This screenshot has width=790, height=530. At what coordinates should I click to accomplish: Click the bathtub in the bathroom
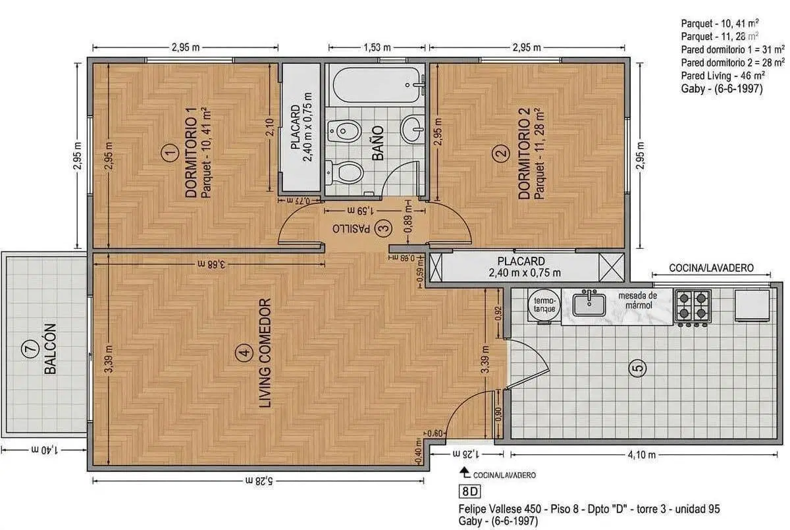377,85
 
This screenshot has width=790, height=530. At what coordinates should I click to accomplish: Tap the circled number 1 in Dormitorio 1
170,153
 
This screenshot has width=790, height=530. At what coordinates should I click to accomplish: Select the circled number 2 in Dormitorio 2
501,153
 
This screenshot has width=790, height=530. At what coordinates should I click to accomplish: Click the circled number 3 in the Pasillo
383,228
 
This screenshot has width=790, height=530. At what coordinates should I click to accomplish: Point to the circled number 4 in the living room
244,352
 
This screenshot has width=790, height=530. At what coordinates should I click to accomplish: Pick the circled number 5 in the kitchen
638,368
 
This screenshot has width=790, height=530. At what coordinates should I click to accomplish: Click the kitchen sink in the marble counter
589,304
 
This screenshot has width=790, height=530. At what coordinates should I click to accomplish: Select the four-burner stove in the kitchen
693,306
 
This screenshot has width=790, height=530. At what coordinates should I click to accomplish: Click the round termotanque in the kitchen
544,305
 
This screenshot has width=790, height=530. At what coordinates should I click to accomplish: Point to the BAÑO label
378,143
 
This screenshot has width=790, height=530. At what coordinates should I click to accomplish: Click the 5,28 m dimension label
259,480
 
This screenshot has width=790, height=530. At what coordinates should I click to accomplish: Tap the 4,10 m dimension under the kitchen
641,454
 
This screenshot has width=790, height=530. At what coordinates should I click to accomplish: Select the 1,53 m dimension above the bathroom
377,47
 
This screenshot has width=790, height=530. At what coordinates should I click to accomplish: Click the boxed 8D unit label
469,491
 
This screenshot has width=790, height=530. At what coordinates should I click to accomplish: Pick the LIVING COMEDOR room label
265,353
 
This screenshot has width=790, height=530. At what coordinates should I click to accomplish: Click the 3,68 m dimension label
211,264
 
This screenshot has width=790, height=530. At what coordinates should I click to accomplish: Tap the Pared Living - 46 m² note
723,76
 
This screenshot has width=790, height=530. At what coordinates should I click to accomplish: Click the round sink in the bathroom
412,129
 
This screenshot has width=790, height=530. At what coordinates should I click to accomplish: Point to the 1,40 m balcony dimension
45,450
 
